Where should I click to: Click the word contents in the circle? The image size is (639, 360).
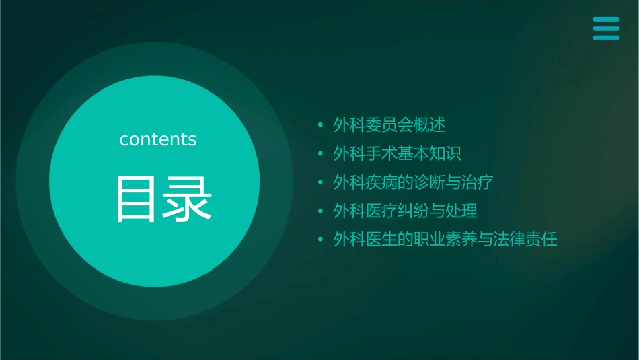click(x=158, y=139)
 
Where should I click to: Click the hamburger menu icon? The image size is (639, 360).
click(x=605, y=28)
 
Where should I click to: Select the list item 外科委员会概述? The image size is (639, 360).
click(x=389, y=125)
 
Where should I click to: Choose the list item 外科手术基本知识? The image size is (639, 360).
click(x=397, y=153)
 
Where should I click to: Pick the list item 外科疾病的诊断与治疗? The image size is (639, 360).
click(x=413, y=182)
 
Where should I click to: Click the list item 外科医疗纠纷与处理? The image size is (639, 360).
click(x=405, y=211)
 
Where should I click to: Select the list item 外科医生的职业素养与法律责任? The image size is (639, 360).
click(x=445, y=239)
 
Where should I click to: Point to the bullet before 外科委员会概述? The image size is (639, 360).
click(x=320, y=126)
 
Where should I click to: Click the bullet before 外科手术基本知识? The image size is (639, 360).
click(x=320, y=154)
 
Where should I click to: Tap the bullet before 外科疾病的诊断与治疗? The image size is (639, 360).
click(x=320, y=183)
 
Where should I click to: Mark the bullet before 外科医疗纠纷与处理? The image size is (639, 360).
click(x=320, y=211)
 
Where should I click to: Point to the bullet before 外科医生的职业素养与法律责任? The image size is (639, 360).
click(x=320, y=240)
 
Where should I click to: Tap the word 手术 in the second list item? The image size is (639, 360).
click(x=381, y=153)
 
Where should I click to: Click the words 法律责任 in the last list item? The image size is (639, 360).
click(x=526, y=239)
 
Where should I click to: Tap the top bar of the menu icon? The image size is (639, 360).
click(x=605, y=20)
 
